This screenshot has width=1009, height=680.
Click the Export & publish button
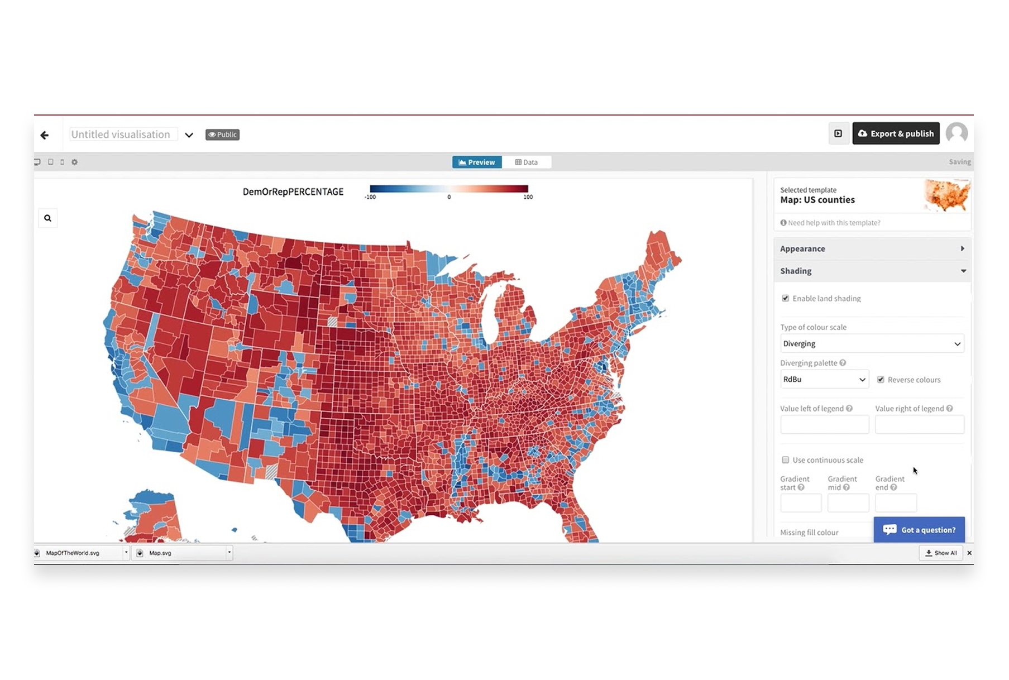[x=895, y=133]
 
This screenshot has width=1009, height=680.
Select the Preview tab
[x=476, y=162]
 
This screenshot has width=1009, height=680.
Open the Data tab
[x=526, y=162]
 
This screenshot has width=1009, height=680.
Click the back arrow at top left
[x=45, y=135]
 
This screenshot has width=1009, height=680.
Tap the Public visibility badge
[x=222, y=135]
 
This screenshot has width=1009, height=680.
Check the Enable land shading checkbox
[x=785, y=298]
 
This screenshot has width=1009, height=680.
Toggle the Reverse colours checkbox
[x=881, y=380]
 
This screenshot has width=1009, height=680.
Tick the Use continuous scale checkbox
[x=785, y=460]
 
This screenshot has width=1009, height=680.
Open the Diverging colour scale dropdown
[x=872, y=343]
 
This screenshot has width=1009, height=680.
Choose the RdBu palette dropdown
[x=824, y=380]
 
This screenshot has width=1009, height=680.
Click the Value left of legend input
[x=824, y=425]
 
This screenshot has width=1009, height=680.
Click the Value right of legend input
[x=919, y=425]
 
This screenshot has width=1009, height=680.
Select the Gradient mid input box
[x=848, y=503]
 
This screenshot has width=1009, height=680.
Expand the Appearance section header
[x=872, y=248]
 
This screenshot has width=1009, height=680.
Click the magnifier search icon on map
[x=47, y=218]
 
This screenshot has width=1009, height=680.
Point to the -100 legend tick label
[x=370, y=197]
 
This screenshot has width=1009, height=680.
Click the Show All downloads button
[x=941, y=553]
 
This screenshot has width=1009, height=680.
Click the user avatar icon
[x=957, y=133]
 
